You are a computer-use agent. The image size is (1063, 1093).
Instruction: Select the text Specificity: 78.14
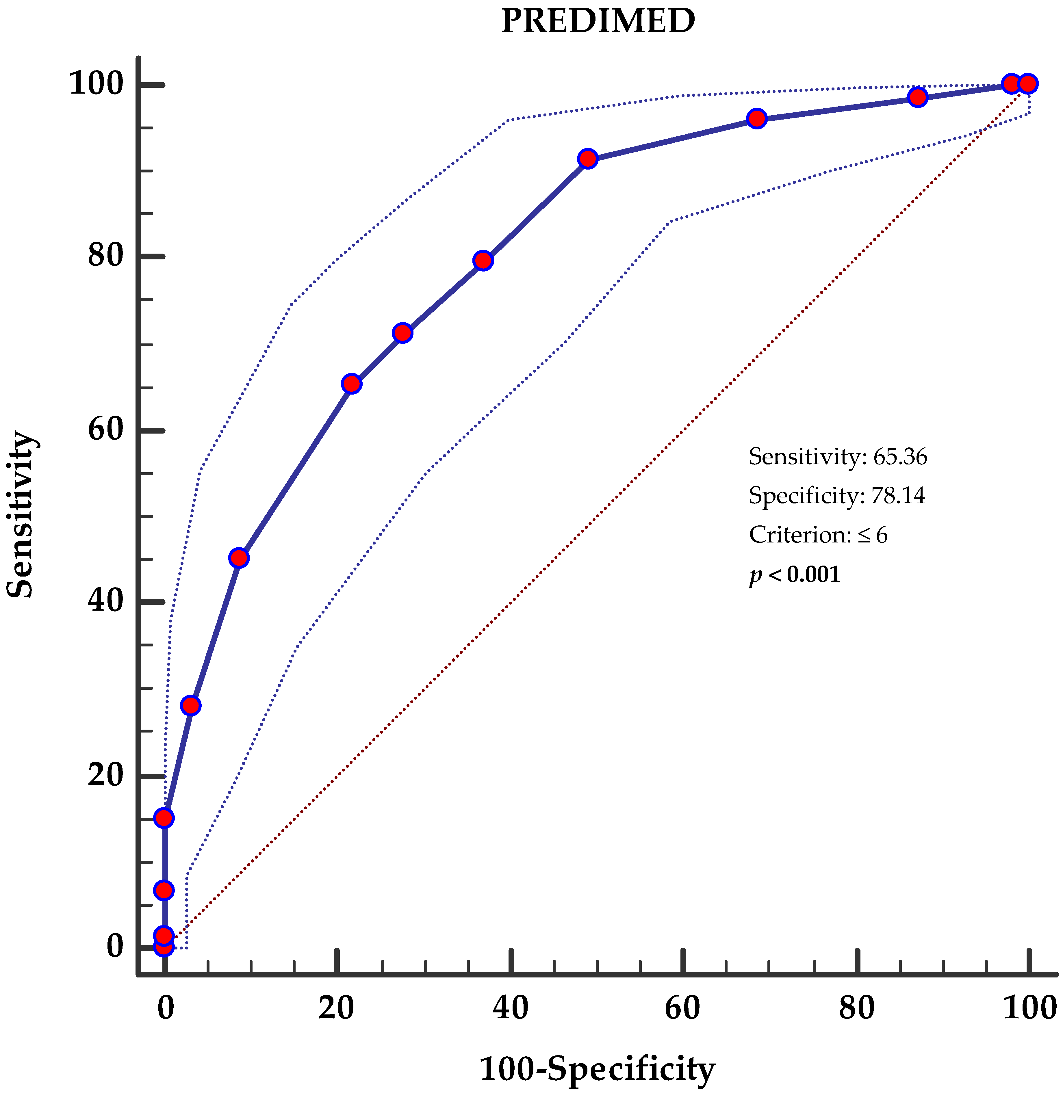(836, 496)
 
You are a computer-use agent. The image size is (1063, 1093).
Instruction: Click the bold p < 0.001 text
(795, 575)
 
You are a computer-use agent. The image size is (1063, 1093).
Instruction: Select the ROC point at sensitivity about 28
(190, 706)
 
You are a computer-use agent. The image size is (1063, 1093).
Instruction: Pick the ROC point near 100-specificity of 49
(587, 159)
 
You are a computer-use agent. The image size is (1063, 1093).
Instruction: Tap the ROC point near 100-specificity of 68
(756, 118)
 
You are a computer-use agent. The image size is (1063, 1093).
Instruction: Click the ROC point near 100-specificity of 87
(917, 97)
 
